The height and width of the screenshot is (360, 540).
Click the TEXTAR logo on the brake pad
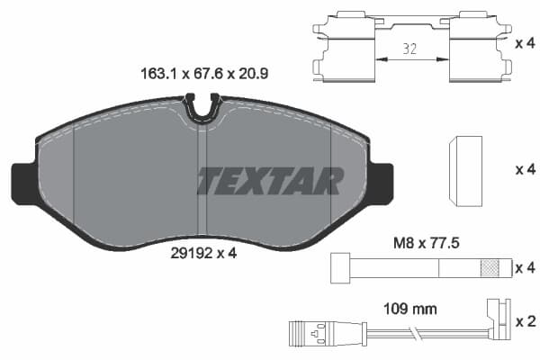(x=271, y=181)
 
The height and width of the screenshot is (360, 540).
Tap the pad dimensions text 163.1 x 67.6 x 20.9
(x=204, y=74)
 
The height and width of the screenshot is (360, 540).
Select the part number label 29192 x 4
(x=203, y=254)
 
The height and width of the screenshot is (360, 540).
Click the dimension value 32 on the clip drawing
(x=409, y=49)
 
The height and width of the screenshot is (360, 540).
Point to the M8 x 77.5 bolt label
(x=427, y=243)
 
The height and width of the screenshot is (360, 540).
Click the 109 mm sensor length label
(x=410, y=309)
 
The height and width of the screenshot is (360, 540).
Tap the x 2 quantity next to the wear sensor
(x=526, y=321)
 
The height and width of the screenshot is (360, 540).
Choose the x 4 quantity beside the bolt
(x=526, y=267)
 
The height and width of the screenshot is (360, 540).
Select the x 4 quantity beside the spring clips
(x=526, y=43)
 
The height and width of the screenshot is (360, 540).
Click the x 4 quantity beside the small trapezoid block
(x=526, y=169)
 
